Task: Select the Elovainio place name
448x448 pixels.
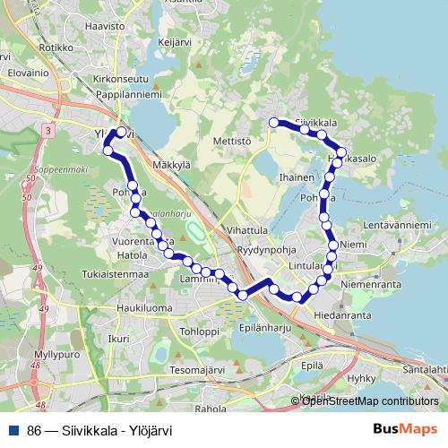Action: click(x=22, y=67)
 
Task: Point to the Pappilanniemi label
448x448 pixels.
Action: click(x=129, y=92)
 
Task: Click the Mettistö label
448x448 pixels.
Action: click(x=232, y=141)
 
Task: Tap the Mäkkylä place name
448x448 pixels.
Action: click(x=172, y=165)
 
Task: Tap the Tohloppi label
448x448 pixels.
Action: click(x=199, y=331)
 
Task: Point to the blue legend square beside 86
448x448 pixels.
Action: click(x=14, y=430)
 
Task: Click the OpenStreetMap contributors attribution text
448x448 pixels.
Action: click(x=370, y=401)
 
